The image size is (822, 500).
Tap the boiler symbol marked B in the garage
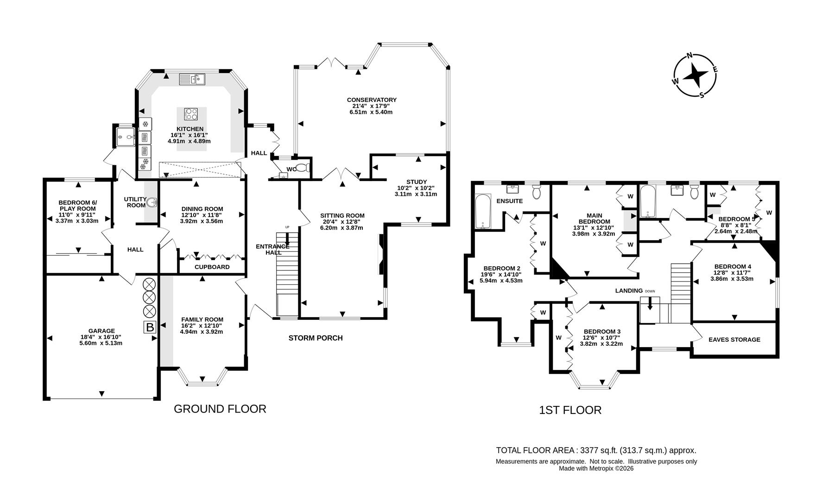coord(150,327)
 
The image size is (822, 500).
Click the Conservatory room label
coord(372,100)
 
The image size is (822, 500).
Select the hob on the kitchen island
coord(191,114)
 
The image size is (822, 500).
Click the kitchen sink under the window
coord(192,80)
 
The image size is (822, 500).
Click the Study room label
coord(416,182)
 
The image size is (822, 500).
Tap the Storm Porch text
coord(316,338)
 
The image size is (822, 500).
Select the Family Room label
coord(202,319)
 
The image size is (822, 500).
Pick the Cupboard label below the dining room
coord(212,267)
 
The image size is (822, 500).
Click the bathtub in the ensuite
coord(483,211)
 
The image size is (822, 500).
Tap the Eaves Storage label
coord(734,339)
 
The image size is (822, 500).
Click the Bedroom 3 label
coord(601,331)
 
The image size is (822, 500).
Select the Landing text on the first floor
coord(629,291)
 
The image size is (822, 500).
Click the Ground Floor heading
coord(220,409)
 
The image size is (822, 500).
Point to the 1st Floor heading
coord(570,410)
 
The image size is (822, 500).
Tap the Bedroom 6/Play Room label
coord(77,206)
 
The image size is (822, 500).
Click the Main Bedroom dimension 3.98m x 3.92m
coord(593,234)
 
